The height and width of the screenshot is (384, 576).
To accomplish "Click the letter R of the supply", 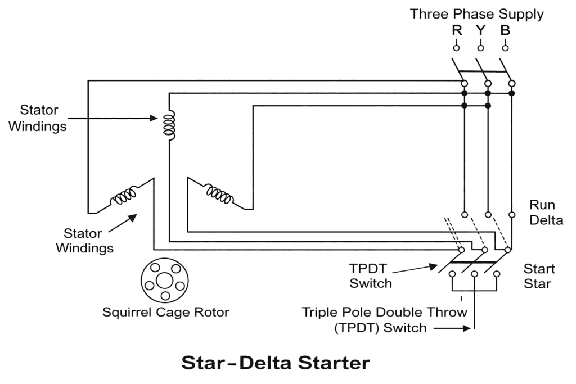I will point(457,30).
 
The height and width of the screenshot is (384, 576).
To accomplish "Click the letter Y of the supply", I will point(481,30).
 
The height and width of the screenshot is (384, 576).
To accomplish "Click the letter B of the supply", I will point(505,30).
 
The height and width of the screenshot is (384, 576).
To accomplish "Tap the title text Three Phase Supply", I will point(476,14).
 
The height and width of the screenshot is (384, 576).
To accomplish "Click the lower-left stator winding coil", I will point(124,197).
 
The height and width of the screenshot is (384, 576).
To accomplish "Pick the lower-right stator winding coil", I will point(219,193).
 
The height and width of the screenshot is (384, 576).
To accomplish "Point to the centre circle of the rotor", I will point(164,279).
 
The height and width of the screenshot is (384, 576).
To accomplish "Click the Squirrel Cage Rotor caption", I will point(165,312).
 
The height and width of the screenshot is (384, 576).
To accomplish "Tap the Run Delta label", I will point(546,213).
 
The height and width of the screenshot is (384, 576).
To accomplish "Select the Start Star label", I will point(539,276).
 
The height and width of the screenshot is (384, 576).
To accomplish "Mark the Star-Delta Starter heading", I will point(276,363).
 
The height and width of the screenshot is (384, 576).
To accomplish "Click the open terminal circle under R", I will point(457,48).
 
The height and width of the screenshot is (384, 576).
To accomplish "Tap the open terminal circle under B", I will point(505,48).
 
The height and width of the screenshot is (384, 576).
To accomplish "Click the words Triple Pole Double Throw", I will point(385,312).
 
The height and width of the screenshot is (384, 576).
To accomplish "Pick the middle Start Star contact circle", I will point(475,274).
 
